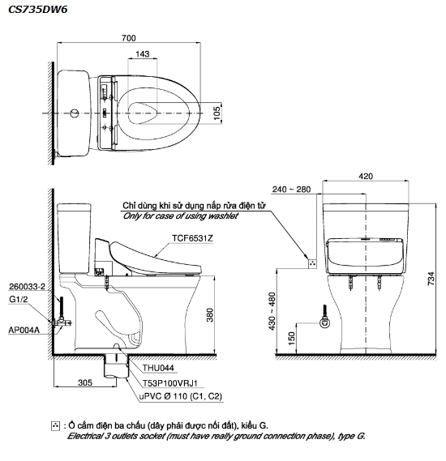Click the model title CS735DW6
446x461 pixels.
tap(37, 10)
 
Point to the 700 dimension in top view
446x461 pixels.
tap(129, 38)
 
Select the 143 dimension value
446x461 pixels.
tap(143, 53)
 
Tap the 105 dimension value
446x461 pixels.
tap(217, 113)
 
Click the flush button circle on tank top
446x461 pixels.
tap(75, 113)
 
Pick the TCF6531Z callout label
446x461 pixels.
tap(192, 238)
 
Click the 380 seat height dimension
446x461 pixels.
tap(209, 315)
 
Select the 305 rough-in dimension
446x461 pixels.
tap(85, 382)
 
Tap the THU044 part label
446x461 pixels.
tap(158, 368)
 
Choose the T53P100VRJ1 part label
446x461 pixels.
tap(170, 383)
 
